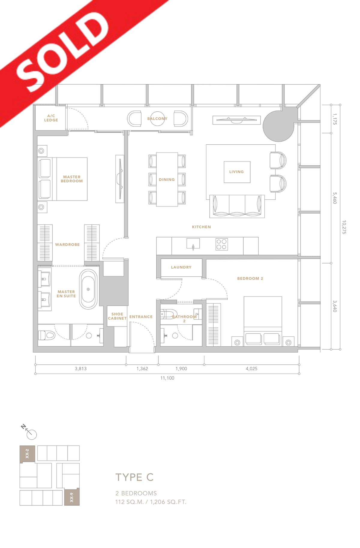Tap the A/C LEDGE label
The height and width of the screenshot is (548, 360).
51,118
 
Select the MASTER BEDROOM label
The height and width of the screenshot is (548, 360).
72,179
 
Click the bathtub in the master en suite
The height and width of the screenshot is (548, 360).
88,289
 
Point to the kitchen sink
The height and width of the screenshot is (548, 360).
193,244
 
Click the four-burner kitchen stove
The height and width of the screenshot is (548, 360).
222,244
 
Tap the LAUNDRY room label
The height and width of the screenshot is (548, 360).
181,267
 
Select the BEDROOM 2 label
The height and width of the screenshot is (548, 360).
250,279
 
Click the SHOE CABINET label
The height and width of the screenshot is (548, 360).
117,316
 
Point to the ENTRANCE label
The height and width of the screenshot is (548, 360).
141,317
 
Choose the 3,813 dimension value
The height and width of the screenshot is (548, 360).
81,369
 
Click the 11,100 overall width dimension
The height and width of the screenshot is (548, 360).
167,378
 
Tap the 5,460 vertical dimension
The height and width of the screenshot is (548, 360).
335,198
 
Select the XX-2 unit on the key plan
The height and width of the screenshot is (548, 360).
27,453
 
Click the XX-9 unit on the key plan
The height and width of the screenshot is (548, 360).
72,497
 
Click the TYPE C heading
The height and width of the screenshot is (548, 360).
134,477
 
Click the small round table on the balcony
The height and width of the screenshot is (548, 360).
157,119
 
